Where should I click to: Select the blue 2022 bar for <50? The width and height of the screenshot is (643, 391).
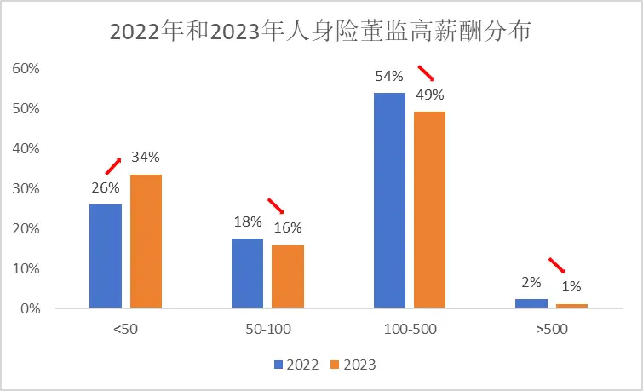click(x=106, y=256)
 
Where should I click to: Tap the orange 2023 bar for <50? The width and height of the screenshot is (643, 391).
click(x=146, y=241)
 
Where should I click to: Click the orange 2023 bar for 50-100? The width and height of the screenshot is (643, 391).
click(x=288, y=276)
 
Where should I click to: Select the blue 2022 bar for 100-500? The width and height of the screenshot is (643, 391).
click(x=389, y=200)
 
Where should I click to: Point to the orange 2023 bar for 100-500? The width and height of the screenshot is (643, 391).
click(x=429, y=210)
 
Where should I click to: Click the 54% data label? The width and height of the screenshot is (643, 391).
click(x=389, y=77)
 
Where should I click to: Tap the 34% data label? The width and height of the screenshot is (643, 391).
click(x=146, y=158)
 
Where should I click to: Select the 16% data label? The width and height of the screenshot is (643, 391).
click(x=288, y=228)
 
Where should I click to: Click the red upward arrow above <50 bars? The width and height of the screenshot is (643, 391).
click(x=113, y=165)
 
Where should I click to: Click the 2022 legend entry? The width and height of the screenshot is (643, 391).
click(x=296, y=365)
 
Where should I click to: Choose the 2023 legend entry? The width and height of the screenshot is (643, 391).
click(x=353, y=365)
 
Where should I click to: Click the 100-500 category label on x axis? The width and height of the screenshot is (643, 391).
click(x=409, y=330)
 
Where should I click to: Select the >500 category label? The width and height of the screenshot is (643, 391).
click(x=551, y=330)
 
